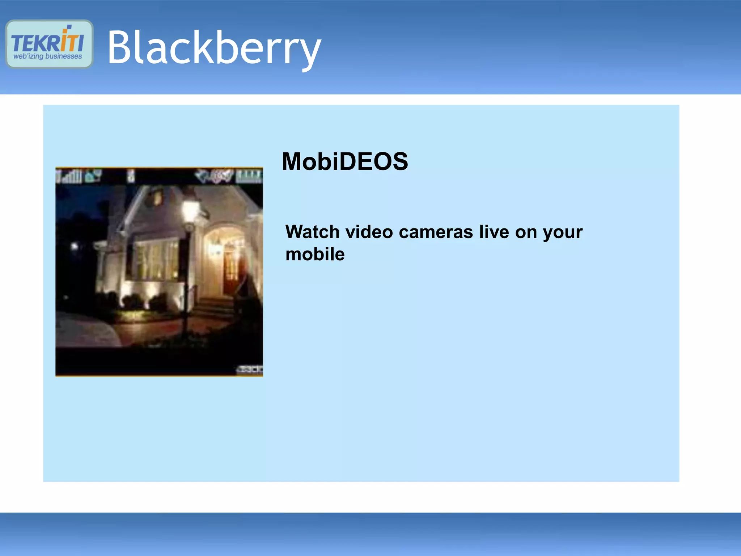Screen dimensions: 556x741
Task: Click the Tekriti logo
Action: tap(49, 44)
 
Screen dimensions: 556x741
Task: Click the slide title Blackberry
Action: tap(214, 48)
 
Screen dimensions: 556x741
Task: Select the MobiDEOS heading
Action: tap(345, 161)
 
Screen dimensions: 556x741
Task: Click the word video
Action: tap(369, 232)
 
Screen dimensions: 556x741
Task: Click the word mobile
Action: tap(315, 254)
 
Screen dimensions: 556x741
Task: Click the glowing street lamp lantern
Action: tap(189, 209)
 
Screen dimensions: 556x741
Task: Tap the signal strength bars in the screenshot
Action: tap(71, 177)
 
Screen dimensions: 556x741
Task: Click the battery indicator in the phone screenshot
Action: tap(249, 177)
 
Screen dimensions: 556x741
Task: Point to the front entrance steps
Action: tap(213, 308)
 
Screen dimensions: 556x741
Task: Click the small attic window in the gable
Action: tap(157, 198)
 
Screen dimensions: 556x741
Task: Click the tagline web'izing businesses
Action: tap(48, 56)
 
